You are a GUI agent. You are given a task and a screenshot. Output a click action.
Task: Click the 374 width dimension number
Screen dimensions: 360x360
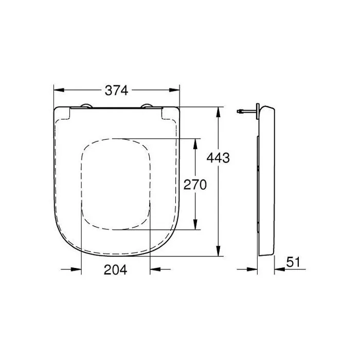116,91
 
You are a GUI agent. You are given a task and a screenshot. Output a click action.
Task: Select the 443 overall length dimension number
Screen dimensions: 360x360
218,158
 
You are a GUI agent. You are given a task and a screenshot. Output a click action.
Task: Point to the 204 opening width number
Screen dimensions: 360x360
116,269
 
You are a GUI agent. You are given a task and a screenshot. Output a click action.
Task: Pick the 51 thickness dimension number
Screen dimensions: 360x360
293,262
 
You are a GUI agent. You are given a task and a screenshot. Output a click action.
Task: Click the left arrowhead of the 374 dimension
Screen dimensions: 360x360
58,91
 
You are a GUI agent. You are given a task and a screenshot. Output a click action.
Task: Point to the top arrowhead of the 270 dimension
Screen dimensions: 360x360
195,143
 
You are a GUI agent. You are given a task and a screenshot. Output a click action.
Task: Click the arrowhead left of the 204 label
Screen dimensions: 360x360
77,268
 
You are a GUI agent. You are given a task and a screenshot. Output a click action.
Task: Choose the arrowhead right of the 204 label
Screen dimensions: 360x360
154,268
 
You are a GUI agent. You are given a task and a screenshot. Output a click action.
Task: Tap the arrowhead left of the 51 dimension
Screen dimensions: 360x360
253,268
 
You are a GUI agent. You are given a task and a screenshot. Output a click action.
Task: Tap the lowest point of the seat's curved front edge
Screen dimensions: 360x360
116,256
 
